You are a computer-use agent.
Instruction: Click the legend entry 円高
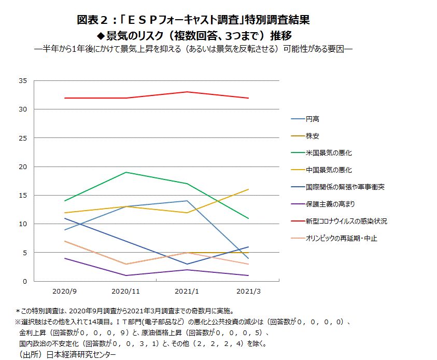[313, 119]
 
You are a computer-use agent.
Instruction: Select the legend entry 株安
[313, 136]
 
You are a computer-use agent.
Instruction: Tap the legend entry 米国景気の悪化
[329, 153]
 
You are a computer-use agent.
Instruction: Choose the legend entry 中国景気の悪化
[329, 170]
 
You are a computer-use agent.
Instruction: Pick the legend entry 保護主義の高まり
[330, 204]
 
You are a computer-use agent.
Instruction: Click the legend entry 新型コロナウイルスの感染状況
[346, 221]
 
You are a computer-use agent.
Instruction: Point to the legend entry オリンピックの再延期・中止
[341, 238]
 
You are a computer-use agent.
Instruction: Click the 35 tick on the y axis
[22, 81]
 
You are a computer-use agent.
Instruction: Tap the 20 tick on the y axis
[22, 167]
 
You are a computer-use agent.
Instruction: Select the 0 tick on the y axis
[24, 281]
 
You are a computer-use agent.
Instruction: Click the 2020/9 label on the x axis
[65, 292]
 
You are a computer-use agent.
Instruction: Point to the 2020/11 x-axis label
[126, 292]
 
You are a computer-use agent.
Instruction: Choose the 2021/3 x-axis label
[248, 292]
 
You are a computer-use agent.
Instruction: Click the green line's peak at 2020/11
[126, 172]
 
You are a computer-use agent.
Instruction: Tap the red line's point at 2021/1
[187, 92]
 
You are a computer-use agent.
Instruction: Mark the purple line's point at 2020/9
[65, 258]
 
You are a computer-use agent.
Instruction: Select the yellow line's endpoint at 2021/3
[248, 189]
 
